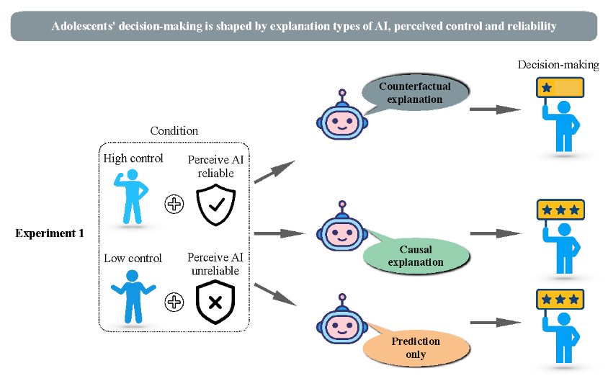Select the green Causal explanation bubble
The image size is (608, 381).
[416, 256]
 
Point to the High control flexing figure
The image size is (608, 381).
[131, 197]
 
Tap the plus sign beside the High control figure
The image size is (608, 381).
[174, 204]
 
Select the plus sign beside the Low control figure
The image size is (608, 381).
[174, 302]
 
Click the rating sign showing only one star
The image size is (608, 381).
[560, 88]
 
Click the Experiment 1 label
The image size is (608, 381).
[49, 233]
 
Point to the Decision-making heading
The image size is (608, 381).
[558, 65]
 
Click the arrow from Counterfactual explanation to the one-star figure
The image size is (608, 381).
[495, 109]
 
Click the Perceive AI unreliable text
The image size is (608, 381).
[215, 263]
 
